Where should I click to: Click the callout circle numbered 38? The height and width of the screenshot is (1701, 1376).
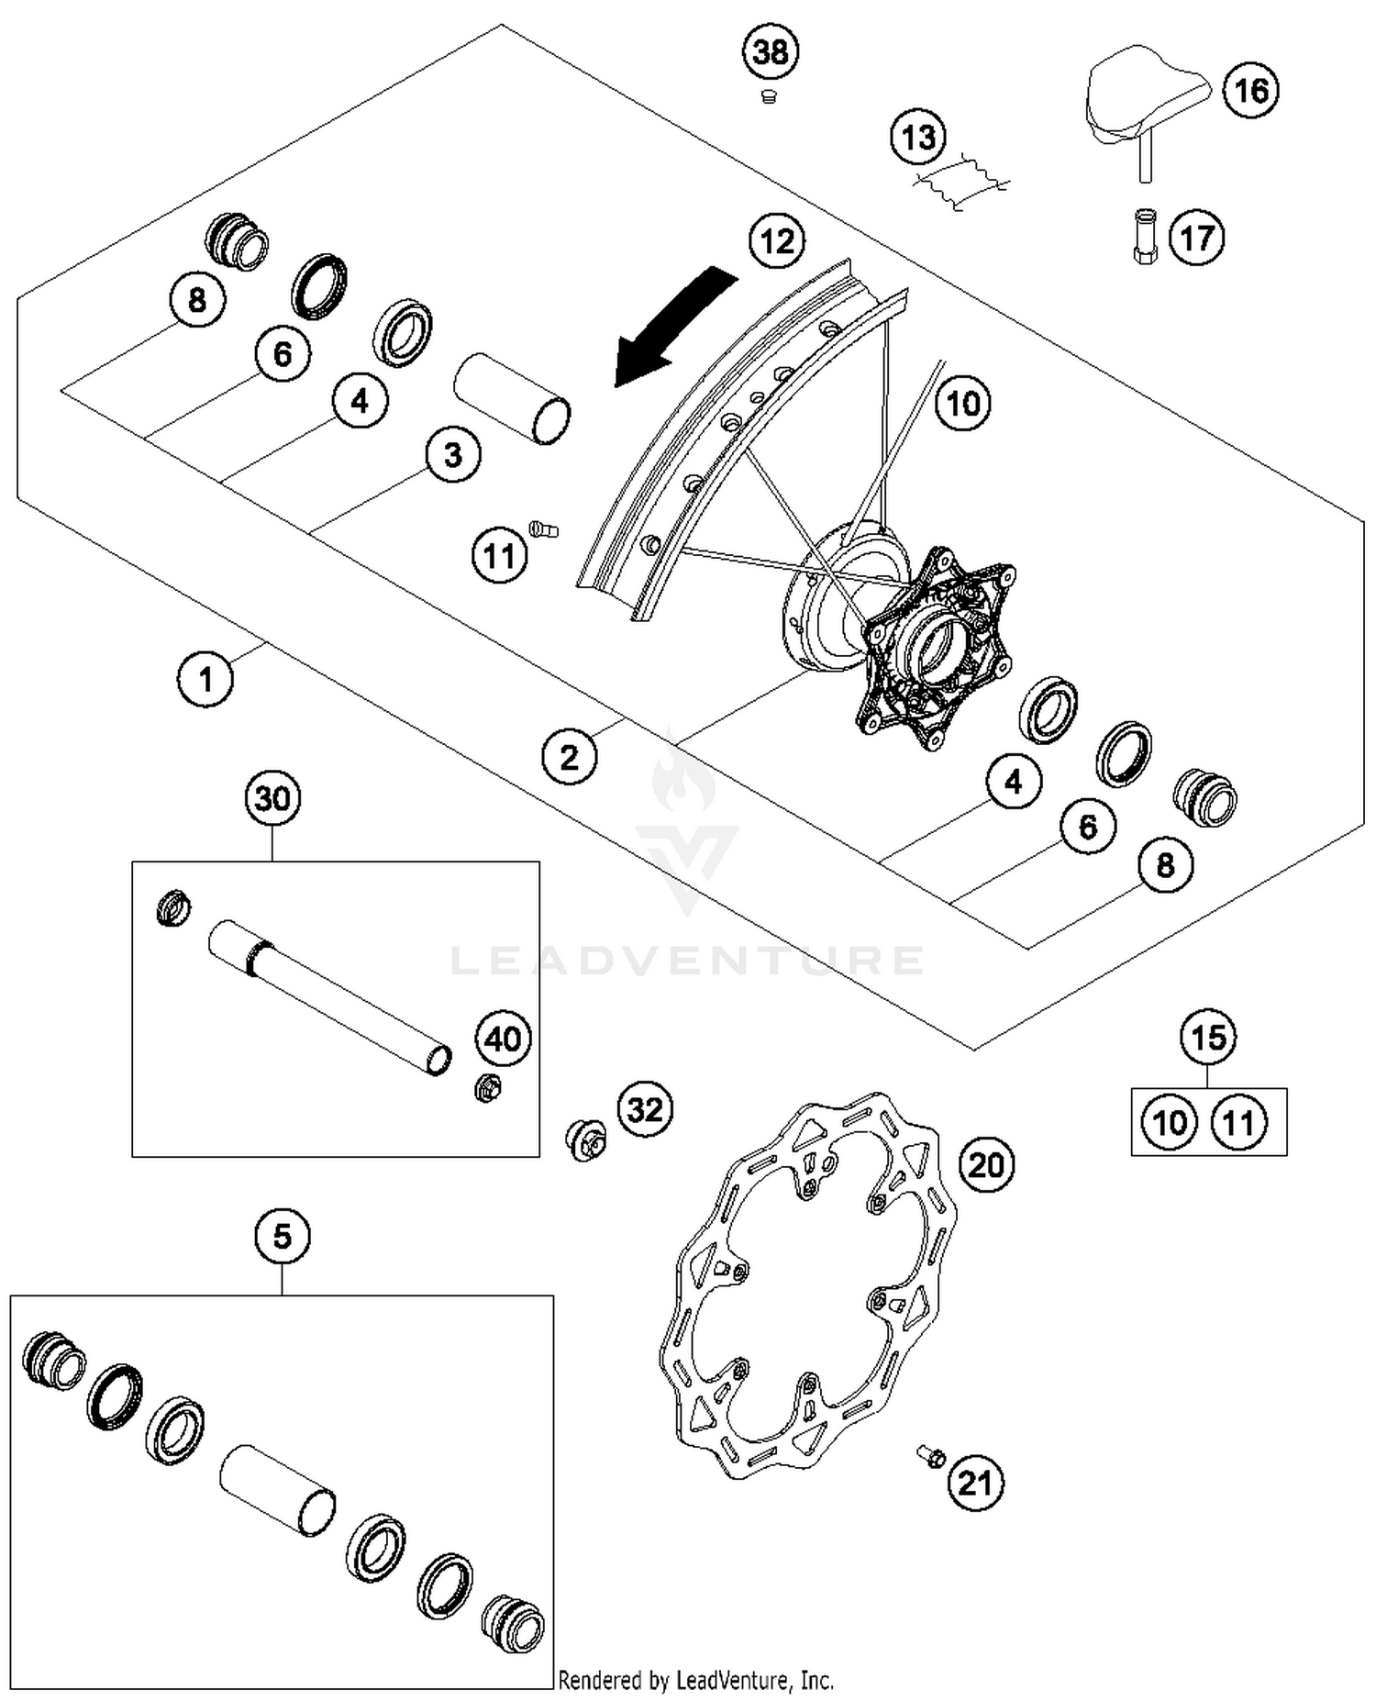tap(770, 52)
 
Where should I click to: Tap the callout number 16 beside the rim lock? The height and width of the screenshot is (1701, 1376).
tap(1250, 91)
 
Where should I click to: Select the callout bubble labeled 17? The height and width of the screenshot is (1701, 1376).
tap(1196, 239)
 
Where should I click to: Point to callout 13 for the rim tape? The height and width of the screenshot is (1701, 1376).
tap(918, 138)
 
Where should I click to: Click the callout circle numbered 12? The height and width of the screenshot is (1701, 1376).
tap(777, 241)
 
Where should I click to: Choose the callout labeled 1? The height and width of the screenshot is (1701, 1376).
tap(205, 680)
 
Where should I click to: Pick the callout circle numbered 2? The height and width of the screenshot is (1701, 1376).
tap(570, 758)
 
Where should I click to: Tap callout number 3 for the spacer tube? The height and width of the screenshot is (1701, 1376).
tap(453, 455)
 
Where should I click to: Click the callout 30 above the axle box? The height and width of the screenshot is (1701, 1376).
tap(273, 799)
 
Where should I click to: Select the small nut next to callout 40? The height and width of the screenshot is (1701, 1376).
tap(487, 1089)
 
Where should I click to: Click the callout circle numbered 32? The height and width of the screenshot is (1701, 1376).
tap(645, 1110)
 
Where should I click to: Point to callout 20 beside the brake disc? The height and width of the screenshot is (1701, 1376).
tap(987, 1165)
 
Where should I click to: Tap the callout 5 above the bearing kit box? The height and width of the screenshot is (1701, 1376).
tap(282, 1237)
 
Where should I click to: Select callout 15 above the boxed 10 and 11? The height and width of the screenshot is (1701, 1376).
tap(1208, 1038)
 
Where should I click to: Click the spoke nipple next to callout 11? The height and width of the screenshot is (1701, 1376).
tap(543, 529)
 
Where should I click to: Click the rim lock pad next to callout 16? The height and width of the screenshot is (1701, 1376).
tap(1147, 101)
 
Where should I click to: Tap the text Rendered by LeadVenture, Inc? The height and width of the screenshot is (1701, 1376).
tap(696, 1681)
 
